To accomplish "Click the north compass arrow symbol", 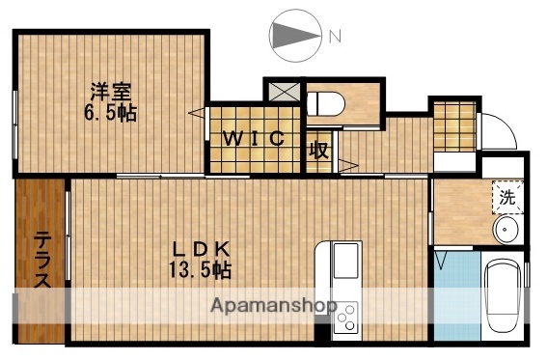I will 293,36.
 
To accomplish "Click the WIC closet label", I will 255,139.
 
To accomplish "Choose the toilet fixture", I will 323,103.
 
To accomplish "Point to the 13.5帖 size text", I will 201,269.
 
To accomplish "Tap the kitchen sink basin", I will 344,262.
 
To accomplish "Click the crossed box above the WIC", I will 285,92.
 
